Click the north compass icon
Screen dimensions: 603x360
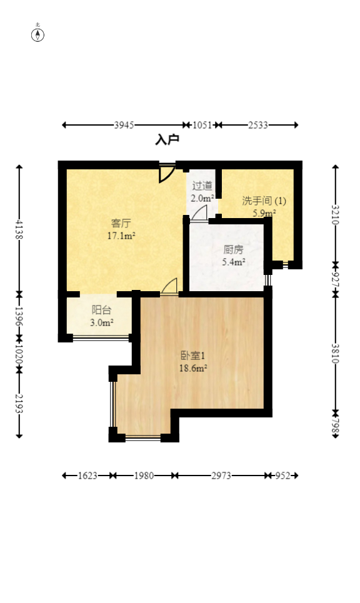pyautogui.click(x=38, y=34)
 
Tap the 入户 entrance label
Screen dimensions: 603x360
pyautogui.click(x=167, y=140)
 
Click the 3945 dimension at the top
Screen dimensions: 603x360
pyautogui.click(x=124, y=125)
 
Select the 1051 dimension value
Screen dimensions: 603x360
pyautogui.click(x=202, y=125)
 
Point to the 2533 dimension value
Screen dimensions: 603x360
pyautogui.click(x=258, y=125)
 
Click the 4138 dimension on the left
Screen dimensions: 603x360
pyautogui.click(x=19, y=229)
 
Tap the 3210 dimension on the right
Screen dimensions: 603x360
pyautogui.click(x=336, y=215)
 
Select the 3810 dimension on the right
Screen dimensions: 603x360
pyautogui.click(x=336, y=353)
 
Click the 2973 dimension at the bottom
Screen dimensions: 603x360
pyautogui.click(x=221, y=476)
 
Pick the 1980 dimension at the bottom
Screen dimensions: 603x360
pyautogui.click(x=144, y=476)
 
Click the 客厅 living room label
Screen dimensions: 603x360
pyautogui.click(x=121, y=223)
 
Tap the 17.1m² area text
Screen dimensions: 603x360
pyautogui.click(x=121, y=236)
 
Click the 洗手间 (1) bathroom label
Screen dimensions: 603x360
pyautogui.click(x=264, y=201)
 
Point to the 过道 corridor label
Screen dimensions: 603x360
pyautogui.click(x=202, y=186)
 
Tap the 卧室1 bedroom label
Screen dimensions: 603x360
pyautogui.click(x=193, y=356)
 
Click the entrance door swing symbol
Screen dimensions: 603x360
pyautogui.click(x=166, y=173)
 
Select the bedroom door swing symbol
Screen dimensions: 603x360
pyautogui.click(x=169, y=286)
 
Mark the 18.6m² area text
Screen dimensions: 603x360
pyautogui.click(x=193, y=368)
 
